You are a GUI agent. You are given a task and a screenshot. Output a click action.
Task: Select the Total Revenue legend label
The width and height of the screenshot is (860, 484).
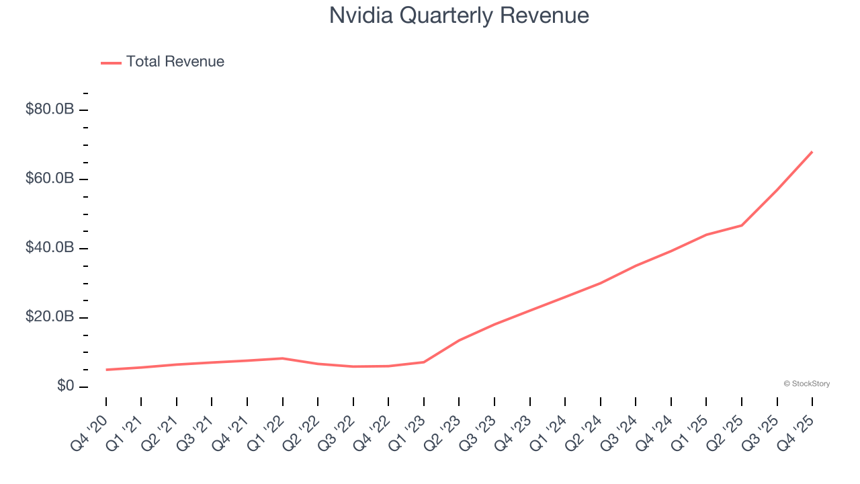pos(175,62)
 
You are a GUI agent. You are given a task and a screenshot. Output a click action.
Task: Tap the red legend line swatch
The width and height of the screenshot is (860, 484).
pos(111,63)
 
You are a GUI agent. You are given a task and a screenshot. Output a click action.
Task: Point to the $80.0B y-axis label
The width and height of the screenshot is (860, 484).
pos(49,110)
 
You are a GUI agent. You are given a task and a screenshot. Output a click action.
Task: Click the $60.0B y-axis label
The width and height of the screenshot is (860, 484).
pos(49,179)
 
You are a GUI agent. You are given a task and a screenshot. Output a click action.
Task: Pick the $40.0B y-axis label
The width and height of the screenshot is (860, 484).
pos(49,248)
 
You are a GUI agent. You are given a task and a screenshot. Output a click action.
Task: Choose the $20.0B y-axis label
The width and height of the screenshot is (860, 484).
pos(49,317)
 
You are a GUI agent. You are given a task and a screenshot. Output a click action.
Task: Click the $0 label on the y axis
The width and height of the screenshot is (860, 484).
pos(64,387)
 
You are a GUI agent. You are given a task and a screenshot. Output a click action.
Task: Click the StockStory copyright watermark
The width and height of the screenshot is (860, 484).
pos(806,384)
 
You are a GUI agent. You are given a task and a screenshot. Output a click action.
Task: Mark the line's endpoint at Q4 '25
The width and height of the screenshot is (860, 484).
pos(812,152)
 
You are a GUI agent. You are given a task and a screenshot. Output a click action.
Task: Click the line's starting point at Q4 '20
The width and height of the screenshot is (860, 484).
pos(106,370)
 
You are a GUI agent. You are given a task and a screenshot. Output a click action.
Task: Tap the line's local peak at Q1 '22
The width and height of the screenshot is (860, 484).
pos(283,358)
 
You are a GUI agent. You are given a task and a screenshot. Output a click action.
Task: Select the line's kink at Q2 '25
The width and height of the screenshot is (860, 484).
pos(742,225)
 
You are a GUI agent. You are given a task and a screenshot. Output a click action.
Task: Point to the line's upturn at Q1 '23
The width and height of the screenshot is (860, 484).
pos(424,362)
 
